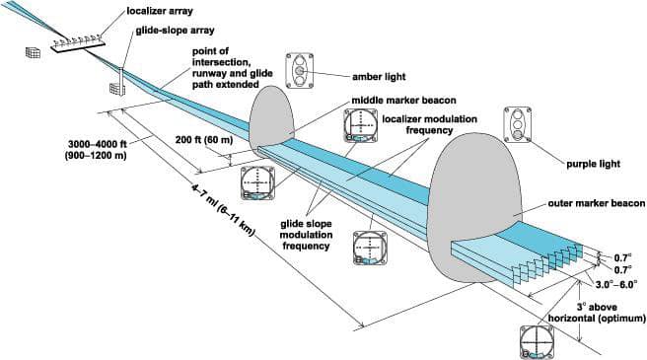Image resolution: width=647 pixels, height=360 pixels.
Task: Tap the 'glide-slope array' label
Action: coord(176,31)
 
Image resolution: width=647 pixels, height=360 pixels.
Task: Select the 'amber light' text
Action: coord(379,76)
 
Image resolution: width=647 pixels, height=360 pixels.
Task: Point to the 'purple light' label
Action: coord(594,164)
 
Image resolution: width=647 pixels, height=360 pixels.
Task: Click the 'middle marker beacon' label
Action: coord(404,101)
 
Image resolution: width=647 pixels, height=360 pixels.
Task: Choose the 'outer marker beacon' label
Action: coord(597,203)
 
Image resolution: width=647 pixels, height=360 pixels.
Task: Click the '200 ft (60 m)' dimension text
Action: coord(204,140)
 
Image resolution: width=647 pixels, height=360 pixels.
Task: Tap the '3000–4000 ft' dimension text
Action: coord(98,145)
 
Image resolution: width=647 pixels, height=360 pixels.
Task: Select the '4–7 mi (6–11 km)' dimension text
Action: coord(223,210)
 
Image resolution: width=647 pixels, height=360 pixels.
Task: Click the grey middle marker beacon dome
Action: coord(271,117)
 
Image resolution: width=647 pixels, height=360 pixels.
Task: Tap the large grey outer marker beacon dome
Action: coord(475,206)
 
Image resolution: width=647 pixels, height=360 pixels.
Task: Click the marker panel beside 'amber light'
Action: coord(299,71)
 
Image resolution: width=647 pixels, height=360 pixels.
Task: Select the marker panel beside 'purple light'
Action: coord(518,124)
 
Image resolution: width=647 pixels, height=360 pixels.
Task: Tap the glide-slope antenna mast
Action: coord(121,81)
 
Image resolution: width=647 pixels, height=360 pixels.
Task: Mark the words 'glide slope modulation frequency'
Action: coord(307,235)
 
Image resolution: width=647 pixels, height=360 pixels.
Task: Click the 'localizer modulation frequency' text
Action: coord(430,124)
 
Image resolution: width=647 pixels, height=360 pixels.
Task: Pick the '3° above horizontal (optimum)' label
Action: coord(597,313)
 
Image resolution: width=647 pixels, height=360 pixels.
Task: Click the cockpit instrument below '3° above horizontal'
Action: coord(536,342)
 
